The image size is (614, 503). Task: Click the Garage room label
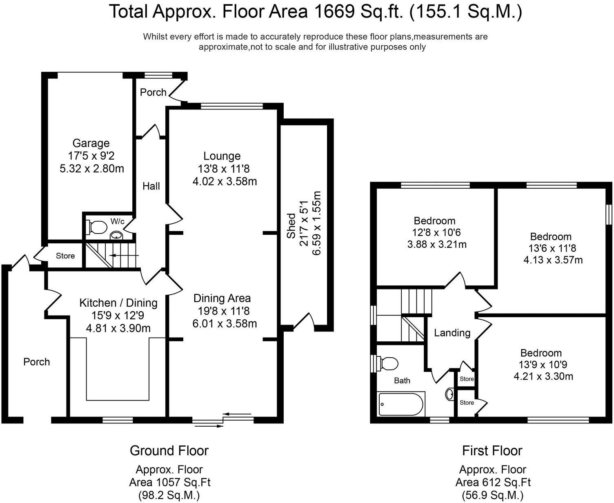point(91,143)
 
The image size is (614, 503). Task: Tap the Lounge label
point(222,156)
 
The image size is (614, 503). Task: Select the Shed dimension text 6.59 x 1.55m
point(316,223)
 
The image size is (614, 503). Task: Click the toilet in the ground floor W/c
point(96,227)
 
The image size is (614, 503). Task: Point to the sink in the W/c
point(117,235)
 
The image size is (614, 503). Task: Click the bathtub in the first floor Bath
point(401,404)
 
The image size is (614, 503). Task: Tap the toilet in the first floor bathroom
point(388,364)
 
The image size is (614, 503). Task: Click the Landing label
point(452,333)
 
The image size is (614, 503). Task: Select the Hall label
point(151,186)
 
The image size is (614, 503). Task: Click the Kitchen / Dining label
point(118,303)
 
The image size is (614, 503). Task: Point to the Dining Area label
point(222,298)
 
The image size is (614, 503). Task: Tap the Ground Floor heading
point(169,451)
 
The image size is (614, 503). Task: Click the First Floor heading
point(492,451)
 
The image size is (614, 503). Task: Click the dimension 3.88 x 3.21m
point(437,244)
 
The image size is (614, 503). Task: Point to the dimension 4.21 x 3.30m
point(543,376)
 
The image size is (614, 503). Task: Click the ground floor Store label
point(65,256)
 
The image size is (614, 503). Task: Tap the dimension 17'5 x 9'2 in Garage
point(91,156)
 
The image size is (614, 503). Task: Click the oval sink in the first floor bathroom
point(450,394)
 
